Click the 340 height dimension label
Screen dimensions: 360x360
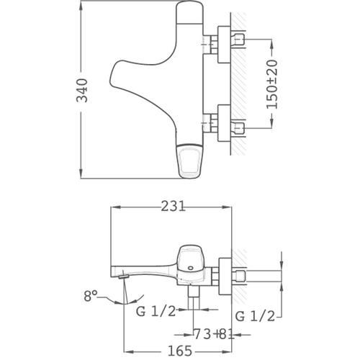[82, 91]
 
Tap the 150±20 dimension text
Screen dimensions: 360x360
[272, 84]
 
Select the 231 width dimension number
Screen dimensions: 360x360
[173, 206]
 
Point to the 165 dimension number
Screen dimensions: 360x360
[180, 351]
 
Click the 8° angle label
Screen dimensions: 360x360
[91, 296]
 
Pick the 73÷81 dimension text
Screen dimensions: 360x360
[214, 334]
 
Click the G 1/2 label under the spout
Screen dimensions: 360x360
[156, 311]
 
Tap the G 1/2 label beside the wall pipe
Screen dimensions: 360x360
[255, 316]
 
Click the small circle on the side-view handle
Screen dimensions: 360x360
[191, 267]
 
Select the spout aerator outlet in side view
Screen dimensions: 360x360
[124, 277]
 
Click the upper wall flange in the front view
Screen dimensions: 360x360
[224, 45]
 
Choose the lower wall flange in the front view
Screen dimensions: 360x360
[224, 122]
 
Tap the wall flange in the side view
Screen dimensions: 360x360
[225, 276]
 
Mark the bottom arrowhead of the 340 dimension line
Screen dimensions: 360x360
[81, 174]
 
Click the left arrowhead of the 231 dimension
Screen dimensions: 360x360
[115, 207]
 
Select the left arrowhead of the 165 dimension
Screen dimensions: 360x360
[128, 352]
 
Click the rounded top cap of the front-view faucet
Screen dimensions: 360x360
[190, 12]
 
